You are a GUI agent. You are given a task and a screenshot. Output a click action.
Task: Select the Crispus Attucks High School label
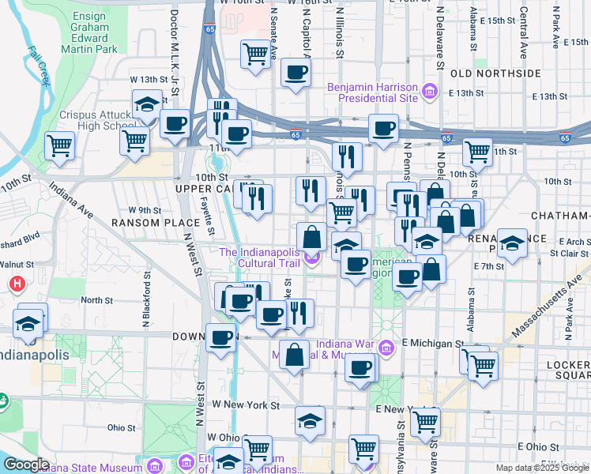coord(95,120)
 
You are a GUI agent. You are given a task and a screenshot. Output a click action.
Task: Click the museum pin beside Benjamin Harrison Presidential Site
coord(431,92)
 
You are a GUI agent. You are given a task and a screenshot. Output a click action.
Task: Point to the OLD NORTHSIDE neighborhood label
coord(495,73)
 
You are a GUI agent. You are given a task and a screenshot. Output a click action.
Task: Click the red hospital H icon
coord(16,283)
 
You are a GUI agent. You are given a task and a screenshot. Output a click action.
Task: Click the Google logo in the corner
coord(26,465)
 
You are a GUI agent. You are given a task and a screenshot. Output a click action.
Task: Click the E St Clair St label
coord(565,254)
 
